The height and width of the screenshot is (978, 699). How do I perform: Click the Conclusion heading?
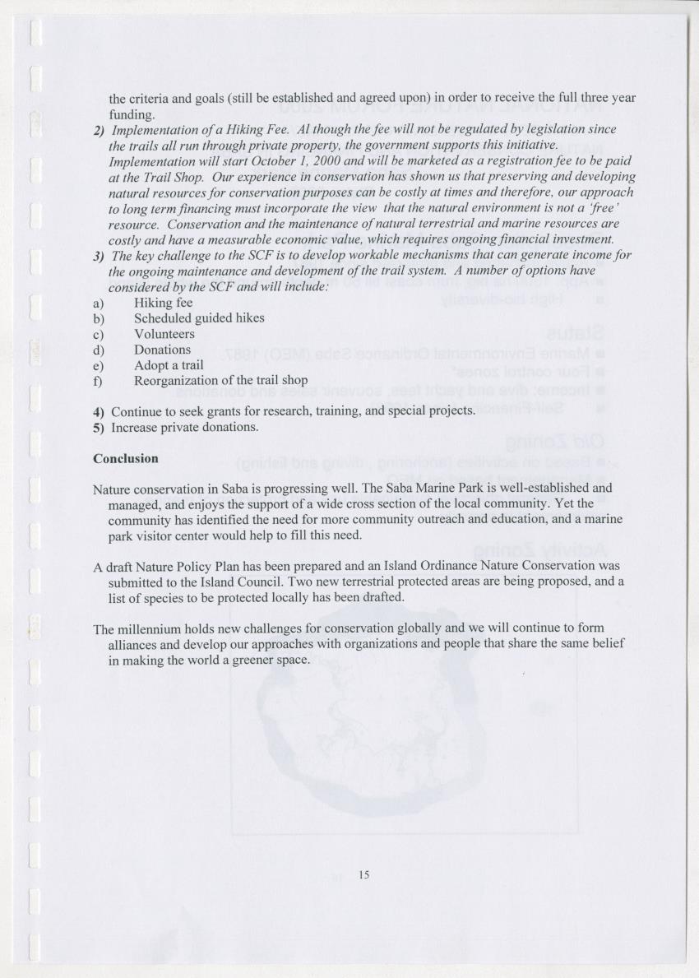pos(125,458)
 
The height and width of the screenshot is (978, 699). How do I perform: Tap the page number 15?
pos(364,875)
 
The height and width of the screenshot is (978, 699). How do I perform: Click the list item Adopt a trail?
pos(169,365)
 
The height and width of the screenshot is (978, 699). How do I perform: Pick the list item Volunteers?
pos(164,334)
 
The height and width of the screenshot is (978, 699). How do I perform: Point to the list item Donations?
pos(162,350)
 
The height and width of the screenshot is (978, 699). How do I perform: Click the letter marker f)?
pos(98,381)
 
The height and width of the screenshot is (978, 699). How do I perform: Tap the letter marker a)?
pos(99,303)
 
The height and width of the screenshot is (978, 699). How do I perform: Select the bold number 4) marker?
pos(99,411)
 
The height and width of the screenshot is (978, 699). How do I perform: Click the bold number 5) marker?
pos(99,427)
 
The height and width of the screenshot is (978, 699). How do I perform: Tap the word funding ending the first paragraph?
pos(132,114)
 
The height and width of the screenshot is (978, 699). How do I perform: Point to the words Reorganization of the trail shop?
pos(220,381)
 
